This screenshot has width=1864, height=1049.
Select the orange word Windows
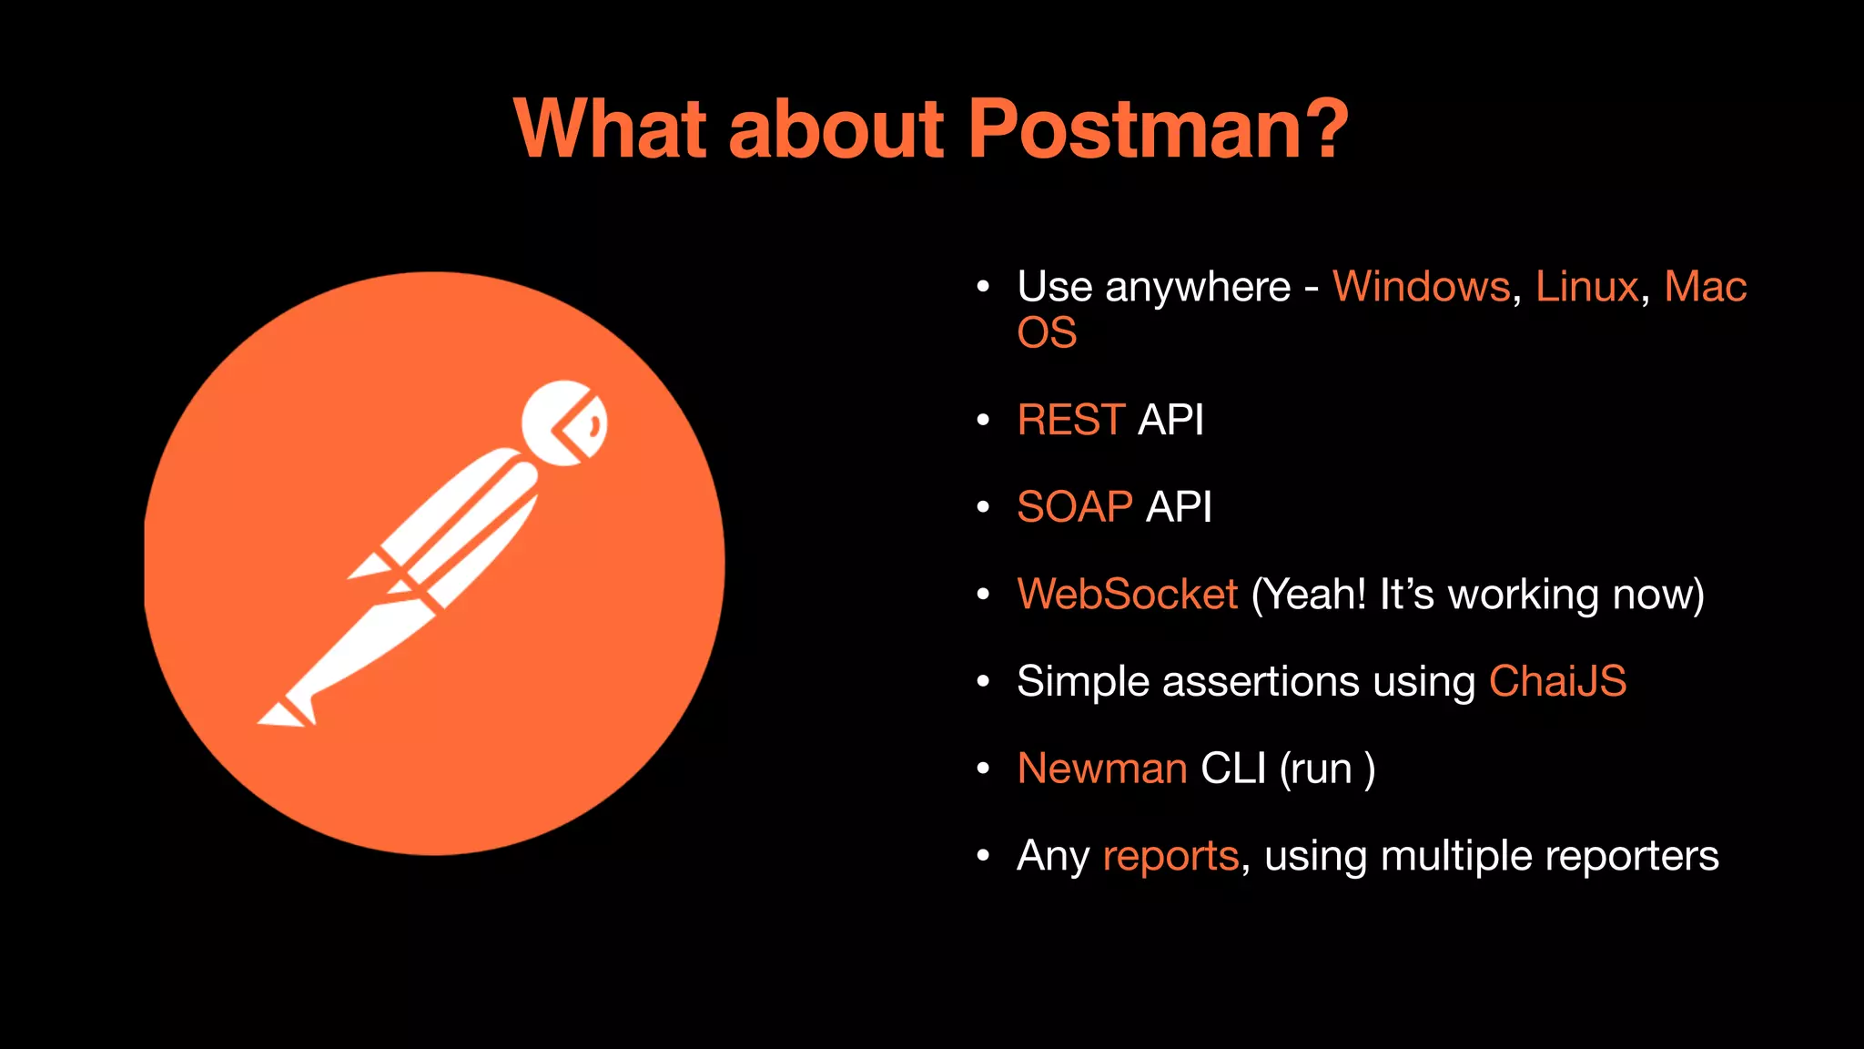pyautogui.click(x=1421, y=287)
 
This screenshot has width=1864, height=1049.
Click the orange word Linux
pyautogui.click(x=1586, y=287)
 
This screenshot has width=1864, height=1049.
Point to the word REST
pyautogui.click(x=1070, y=421)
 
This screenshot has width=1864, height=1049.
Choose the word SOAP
pyautogui.click(x=1074, y=507)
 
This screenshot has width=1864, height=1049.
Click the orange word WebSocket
pyautogui.click(x=1127, y=595)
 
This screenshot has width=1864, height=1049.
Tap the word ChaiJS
pyautogui.click(x=1557, y=682)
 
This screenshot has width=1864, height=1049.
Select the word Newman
pyautogui.click(x=1101, y=769)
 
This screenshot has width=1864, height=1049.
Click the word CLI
pyautogui.click(x=1233, y=769)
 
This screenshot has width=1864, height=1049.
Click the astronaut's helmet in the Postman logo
pyautogui.click(x=564, y=423)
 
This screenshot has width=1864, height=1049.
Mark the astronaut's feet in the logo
pyautogui.click(x=288, y=712)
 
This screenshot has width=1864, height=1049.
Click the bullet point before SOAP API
pyautogui.click(x=982, y=507)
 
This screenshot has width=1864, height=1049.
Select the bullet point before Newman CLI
pyautogui.click(x=982, y=769)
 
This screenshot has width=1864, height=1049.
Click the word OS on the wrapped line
pyautogui.click(x=1047, y=333)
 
